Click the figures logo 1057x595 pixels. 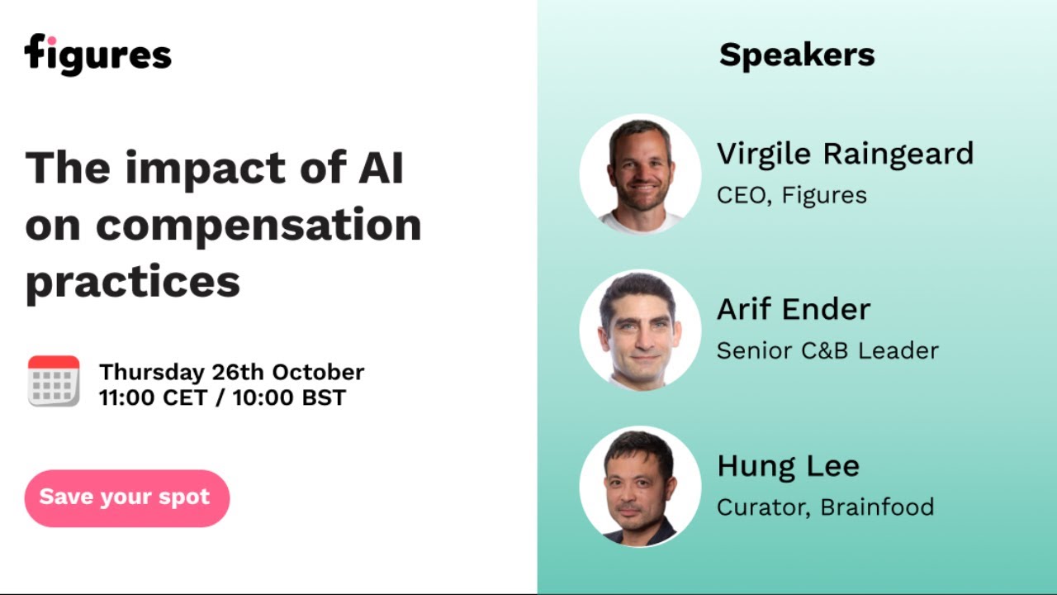coord(97,55)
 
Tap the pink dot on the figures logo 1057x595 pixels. coord(50,40)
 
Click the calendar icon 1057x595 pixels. coord(54,381)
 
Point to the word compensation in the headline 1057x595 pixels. coord(258,225)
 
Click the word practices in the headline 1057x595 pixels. coord(133,282)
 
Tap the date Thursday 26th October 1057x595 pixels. coord(231,372)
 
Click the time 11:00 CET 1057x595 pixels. coord(154,397)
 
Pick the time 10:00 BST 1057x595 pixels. coord(289,397)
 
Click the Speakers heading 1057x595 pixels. coord(797,55)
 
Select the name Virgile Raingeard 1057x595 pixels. coord(845,154)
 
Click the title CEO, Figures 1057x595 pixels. coord(791,196)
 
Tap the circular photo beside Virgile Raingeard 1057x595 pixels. coord(640,174)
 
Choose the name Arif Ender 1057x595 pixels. coord(794,309)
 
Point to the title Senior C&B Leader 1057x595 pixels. coord(827,350)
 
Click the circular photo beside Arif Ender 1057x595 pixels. coord(640,330)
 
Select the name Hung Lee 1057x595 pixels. coord(788,466)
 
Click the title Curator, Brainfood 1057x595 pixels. coord(825,507)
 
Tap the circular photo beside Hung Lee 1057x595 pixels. coord(640,486)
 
